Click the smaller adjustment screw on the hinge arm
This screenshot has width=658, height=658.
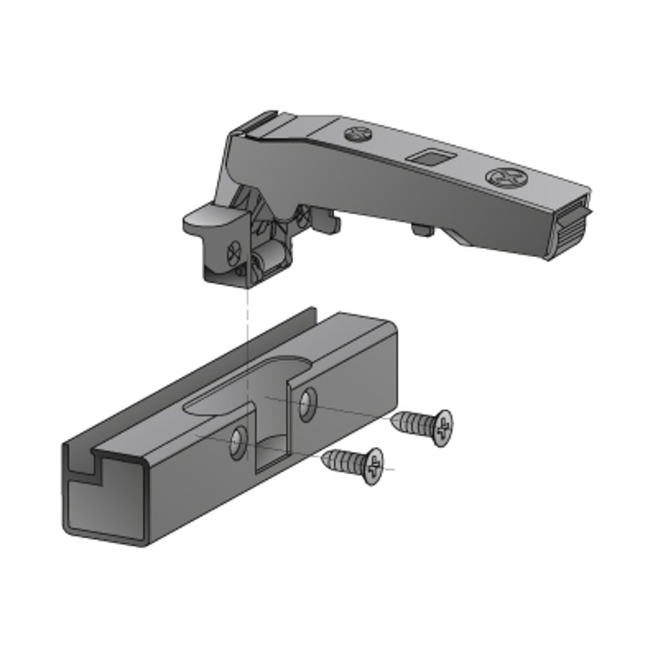pyautogui.click(x=357, y=134)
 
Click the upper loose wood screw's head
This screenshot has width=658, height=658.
pyautogui.click(x=442, y=427)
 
